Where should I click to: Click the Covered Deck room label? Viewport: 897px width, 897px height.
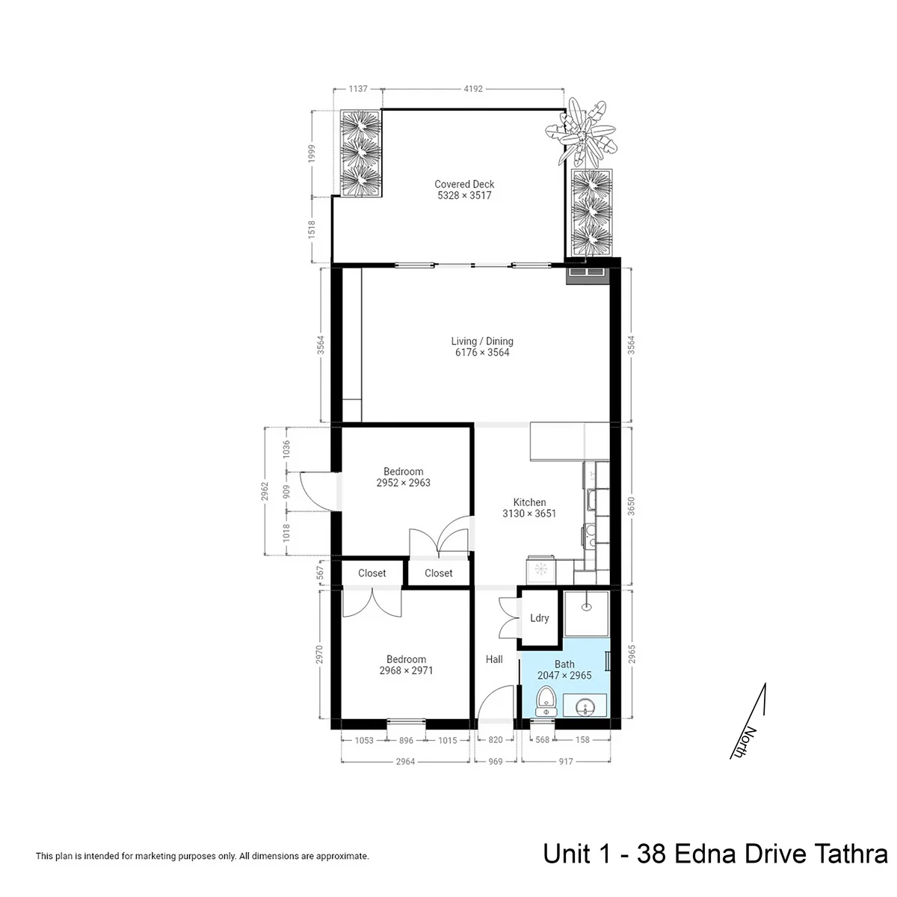(x=464, y=185)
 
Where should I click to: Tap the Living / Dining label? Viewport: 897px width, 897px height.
(x=482, y=341)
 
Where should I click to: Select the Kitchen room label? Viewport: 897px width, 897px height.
(x=529, y=502)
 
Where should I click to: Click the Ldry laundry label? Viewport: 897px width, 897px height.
(x=540, y=618)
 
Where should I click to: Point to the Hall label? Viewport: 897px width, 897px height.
(x=494, y=659)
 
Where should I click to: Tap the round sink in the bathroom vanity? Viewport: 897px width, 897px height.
(x=585, y=709)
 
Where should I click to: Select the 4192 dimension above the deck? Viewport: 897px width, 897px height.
(x=473, y=88)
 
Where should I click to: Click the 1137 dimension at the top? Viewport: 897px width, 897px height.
(x=358, y=88)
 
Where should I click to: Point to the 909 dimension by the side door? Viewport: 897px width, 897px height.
(x=286, y=492)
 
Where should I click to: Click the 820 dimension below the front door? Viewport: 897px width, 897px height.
(x=496, y=740)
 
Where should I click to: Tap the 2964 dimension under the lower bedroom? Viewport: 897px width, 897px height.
(x=405, y=762)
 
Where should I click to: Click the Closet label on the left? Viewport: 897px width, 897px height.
(x=372, y=573)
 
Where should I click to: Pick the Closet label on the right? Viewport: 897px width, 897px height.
(x=439, y=573)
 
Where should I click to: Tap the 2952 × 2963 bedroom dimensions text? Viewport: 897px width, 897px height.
(x=403, y=483)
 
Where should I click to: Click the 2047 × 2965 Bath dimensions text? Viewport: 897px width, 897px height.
(x=564, y=676)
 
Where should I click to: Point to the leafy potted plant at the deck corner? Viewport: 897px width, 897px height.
(x=582, y=132)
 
